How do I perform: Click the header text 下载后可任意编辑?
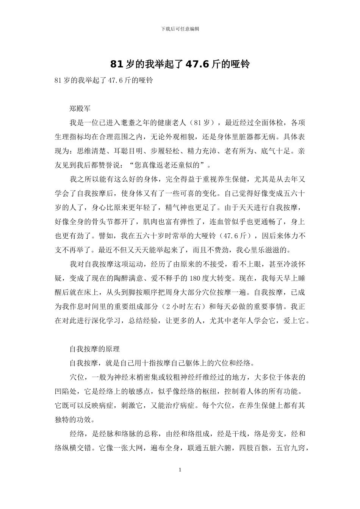(180, 29)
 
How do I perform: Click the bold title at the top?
(180, 64)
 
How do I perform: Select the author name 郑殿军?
(80, 109)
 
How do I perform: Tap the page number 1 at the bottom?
(180, 470)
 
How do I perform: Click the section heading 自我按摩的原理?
(94, 349)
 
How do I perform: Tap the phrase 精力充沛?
(202, 151)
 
